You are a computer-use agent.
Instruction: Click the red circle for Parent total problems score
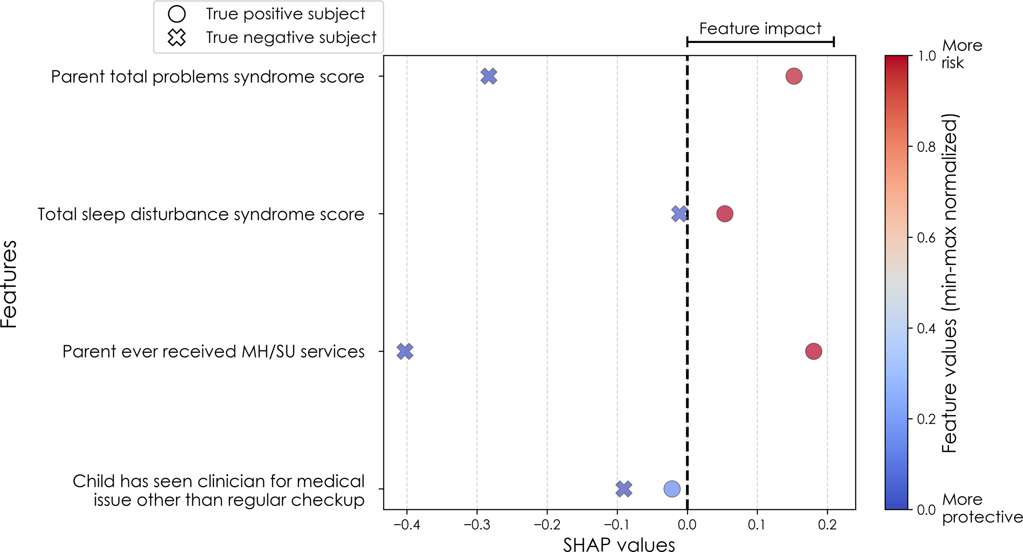793,76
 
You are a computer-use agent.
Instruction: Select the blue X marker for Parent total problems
489,76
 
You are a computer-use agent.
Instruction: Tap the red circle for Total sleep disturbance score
724,213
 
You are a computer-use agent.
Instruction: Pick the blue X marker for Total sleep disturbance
679,213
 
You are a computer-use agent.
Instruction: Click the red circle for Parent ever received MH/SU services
813,351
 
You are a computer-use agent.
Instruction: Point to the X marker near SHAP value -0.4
405,351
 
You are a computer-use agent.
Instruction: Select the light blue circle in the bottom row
671,489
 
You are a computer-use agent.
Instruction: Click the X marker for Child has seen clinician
624,489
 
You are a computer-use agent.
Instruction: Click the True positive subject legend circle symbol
177,14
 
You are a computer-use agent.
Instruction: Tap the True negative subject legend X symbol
177,37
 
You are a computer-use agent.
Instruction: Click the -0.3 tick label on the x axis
476,525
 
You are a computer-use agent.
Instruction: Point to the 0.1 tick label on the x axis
757,525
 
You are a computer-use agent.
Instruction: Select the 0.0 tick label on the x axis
687,525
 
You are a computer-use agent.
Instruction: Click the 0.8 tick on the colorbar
926,146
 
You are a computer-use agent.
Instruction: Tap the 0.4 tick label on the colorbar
926,328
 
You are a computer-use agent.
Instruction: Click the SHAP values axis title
619,544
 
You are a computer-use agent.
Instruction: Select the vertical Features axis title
9,284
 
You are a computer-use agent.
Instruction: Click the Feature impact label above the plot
760,29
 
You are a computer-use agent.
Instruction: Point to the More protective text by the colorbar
982,508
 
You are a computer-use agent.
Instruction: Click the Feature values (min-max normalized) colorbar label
949,283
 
